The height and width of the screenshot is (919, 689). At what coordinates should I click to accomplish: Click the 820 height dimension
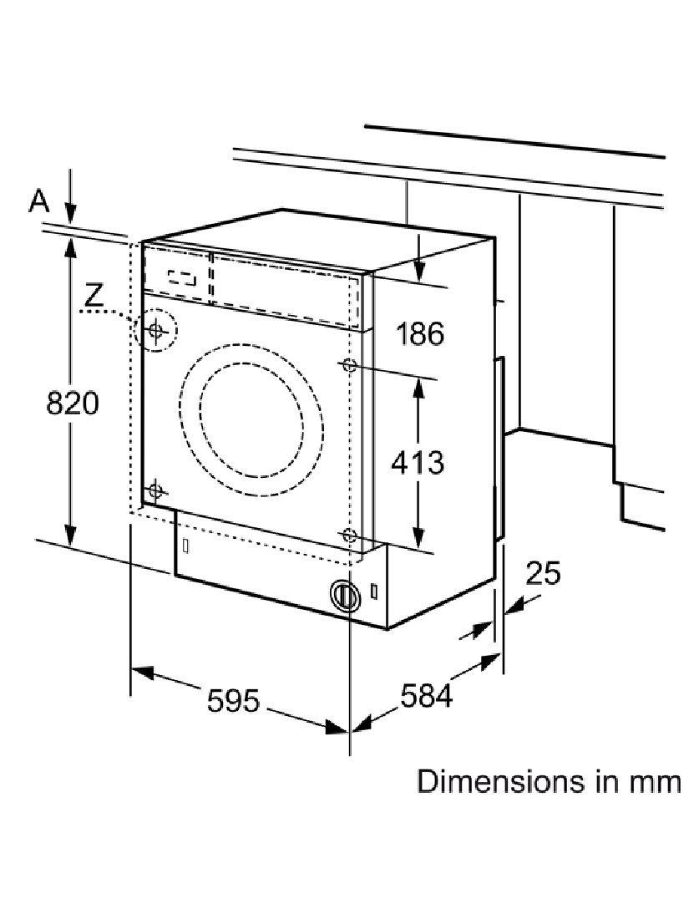pos(73,404)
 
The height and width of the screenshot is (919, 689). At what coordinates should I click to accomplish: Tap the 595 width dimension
pos(233,700)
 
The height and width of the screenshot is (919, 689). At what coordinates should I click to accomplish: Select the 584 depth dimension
pos(427,695)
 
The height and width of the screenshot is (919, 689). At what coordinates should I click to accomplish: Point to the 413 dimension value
pos(418,463)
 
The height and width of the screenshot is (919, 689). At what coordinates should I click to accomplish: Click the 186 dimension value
pos(420,333)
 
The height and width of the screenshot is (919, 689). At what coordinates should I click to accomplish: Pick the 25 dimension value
pos(543,572)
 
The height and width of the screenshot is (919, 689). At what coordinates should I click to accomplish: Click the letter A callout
pos(39,201)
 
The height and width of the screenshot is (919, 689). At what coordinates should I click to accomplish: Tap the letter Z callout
pos(94,296)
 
